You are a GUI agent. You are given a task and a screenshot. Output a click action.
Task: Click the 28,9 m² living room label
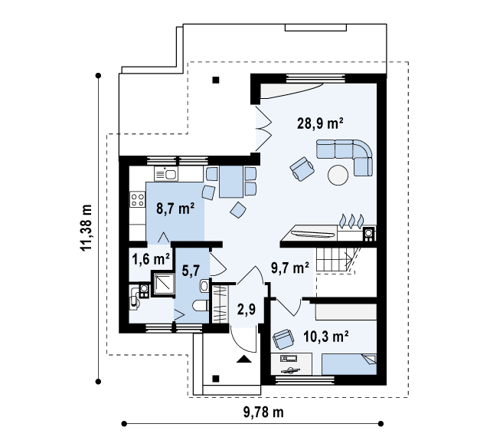click(x=320, y=123)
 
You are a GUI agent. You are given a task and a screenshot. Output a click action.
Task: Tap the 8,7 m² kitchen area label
click(x=175, y=209)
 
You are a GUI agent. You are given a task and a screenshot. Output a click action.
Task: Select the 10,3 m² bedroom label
click(x=326, y=337)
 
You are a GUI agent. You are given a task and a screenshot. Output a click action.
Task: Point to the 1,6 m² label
click(x=151, y=259)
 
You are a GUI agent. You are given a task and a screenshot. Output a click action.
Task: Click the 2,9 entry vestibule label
click(x=247, y=309)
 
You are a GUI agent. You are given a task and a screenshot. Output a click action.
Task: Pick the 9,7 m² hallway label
click(x=290, y=268)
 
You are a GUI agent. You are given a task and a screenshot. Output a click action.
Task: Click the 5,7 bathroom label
click(x=191, y=270)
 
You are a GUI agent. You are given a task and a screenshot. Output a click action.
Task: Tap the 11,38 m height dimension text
click(x=87, y=228)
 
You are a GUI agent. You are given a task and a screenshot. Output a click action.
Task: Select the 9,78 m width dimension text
click(x=263, y=412)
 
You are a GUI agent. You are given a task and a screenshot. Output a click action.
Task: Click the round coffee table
click(x=338, y=175)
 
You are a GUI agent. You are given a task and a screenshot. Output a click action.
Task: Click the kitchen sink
click(x=166, y=174)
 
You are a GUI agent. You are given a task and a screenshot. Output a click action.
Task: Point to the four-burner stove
click(x=138, y=200)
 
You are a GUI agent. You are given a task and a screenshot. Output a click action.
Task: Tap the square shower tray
click(x=163, y=284)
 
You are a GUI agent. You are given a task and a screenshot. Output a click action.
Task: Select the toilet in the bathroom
click(x=201, y=306)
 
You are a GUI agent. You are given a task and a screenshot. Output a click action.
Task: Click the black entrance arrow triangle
click(x=244, y=359)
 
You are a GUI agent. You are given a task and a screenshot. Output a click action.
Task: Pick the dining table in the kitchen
click(x=231, y=182)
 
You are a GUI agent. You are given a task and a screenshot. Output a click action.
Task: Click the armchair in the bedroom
click(x=283, y=339)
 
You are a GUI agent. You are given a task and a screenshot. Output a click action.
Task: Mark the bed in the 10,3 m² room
click(x=349, y=364)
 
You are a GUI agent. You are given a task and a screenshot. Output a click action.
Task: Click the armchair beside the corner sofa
click(x=302, y=169)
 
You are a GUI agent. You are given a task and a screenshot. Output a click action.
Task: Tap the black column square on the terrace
click(x=216, y=80)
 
